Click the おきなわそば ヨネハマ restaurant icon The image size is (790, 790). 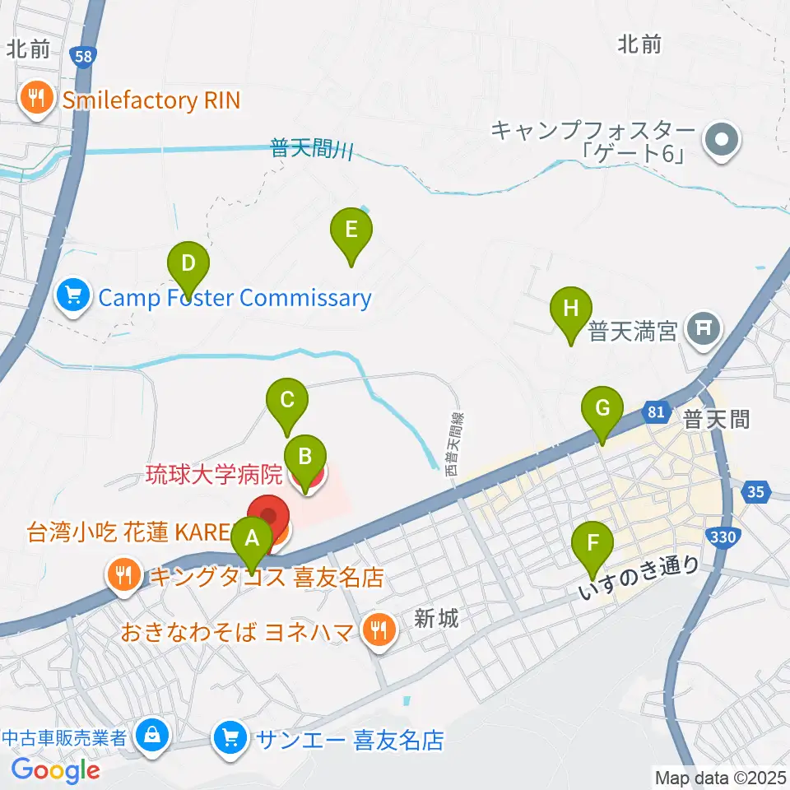click(x=379, y=632)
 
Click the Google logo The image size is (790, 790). click(x=55, y=769)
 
